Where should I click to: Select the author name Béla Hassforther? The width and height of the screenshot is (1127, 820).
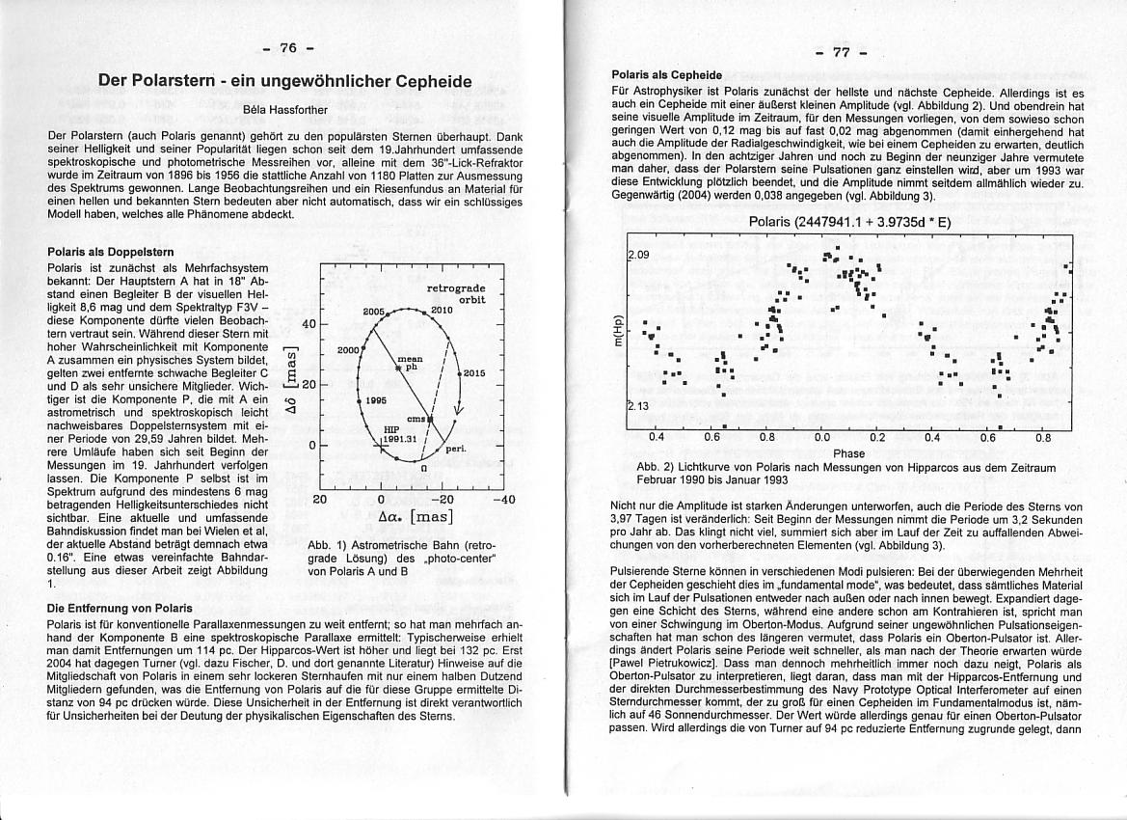coord(285,109)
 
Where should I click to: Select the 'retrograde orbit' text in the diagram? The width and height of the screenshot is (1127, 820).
coord(456,293)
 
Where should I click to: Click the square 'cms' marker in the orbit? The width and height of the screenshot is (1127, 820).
coord(432,421)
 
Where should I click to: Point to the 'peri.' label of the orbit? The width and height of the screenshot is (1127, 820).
coord(456,450)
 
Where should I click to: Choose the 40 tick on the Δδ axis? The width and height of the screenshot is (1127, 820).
coord(309,324)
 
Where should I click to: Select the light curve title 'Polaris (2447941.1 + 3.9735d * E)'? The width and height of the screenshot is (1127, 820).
coord(849,221)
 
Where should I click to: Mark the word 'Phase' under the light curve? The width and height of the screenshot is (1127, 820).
coord(848,453)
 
